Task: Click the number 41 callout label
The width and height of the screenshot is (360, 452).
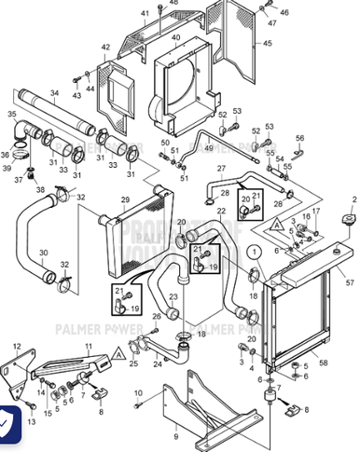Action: (x=145, y=12)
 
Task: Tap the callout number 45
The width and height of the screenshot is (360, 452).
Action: (x=269, y=43)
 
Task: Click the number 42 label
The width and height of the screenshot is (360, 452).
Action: (x=105, y=47)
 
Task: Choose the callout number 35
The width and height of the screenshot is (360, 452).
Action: (x=12, y=114)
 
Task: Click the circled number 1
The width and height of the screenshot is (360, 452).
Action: (x=252, y=251)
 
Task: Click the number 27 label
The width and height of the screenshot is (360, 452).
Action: (x=221, y=168)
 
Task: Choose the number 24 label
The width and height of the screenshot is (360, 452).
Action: (x=158, y=363)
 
